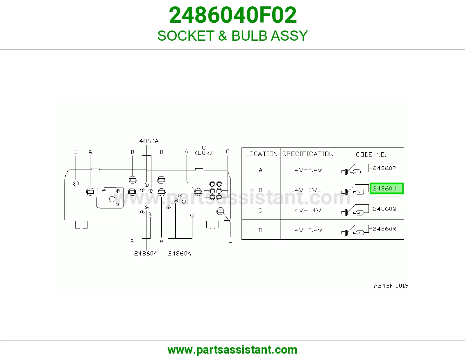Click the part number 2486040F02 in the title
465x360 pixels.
tap(233, 15)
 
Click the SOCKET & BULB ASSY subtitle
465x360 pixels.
tap(233, 35)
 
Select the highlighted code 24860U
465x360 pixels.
tap(384, 188)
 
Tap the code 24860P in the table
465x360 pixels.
tap(384, 168)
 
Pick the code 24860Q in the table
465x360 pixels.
tap(384, 209)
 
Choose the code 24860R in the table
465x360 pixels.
tap(384, 229)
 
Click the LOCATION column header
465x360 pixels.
tap(261, 154)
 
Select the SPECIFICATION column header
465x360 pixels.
tap(308, 154)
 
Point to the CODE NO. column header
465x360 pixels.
tap(371, 154)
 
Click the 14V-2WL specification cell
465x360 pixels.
tap(306, 190)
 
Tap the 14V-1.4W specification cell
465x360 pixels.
tap(306, 210)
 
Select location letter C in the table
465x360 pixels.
tap(260, 210)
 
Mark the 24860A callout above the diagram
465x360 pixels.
tap(147, 141)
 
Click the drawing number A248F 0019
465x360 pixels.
tap(391, 286)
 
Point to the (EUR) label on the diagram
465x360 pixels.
tap(203, 153)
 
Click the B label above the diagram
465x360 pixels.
tap(76, 152)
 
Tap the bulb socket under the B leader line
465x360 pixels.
tap(76, 183)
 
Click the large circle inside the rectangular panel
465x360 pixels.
tap(112, 199)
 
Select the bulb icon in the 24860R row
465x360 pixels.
tap(358, 233)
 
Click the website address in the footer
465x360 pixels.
tap(233, 350)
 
